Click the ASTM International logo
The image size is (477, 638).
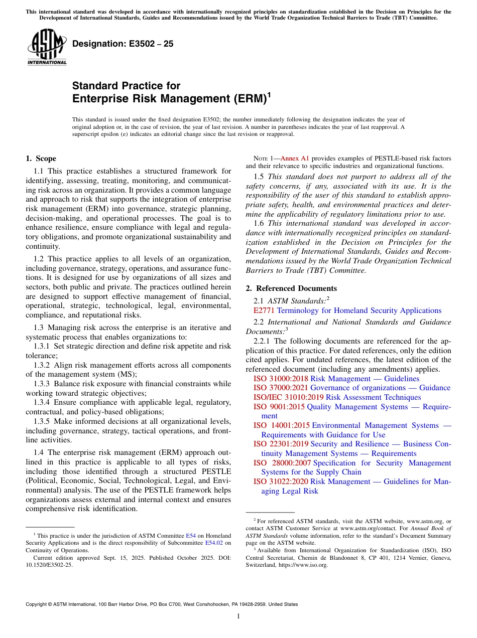point(47,48)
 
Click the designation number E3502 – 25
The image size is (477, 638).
point(123,44)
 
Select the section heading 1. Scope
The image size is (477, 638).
point(41,158)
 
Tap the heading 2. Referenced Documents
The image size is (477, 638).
point(291,288)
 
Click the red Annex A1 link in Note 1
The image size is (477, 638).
point(296,158)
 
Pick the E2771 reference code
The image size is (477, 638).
point(264,310)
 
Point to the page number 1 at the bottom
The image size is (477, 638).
point(238,616)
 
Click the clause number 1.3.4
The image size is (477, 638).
point(43,402)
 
